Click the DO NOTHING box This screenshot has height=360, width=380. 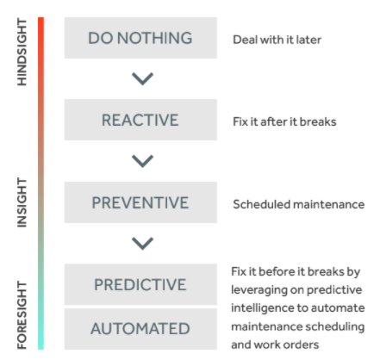coord(140,38)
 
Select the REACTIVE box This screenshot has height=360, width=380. coord(140,120)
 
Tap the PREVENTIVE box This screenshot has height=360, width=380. coord(140,202)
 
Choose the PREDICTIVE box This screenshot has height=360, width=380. coord(140,284)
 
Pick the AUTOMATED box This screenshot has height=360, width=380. coord(140,329)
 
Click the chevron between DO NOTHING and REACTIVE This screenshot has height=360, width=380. coord(142,78)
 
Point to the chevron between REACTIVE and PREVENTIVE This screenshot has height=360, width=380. coord(142,161)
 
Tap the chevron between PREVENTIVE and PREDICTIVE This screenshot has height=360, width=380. coord(142,244)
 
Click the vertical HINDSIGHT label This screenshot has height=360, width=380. coord(22,52)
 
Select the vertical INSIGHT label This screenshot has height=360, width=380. coord(22,202)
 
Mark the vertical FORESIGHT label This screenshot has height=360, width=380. coord(22,315)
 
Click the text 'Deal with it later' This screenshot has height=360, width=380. coord(277,40)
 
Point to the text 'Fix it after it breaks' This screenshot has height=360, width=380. coord(284,121)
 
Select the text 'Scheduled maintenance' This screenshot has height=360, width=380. coord(299,204)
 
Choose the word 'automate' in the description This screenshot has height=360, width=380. coord(338,308)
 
